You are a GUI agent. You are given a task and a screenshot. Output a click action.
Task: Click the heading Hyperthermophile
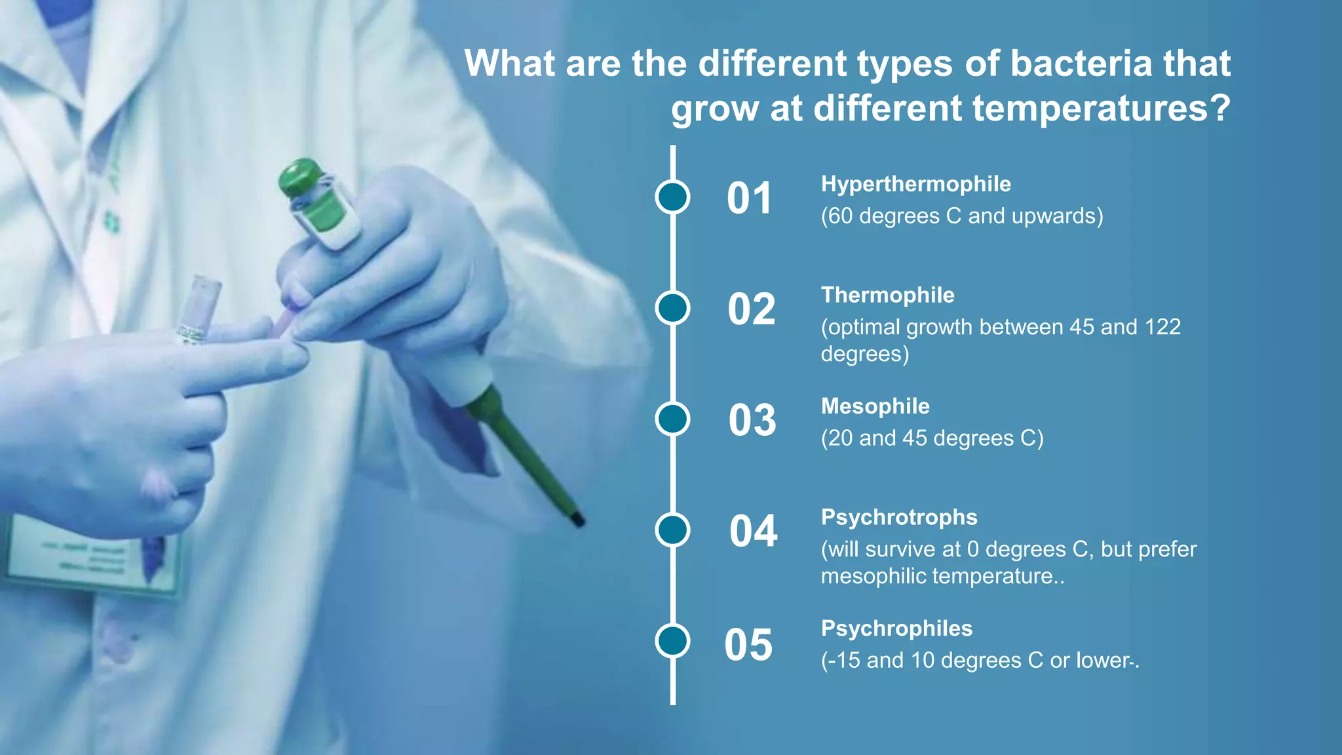(x=915, y=184)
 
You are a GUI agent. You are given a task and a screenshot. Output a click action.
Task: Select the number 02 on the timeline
(x=752, y=309)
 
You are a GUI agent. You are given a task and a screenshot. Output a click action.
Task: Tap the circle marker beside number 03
(x=672, y=419)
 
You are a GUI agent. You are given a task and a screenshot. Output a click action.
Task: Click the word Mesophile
(x=875, y=406)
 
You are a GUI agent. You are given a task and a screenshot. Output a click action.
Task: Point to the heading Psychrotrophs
(x=898, y=517)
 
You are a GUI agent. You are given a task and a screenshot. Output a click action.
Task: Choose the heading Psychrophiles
(x=896, y=629)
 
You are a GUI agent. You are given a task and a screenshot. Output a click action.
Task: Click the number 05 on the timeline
(x=748, y=645)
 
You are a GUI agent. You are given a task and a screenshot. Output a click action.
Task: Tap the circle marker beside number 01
(x=672, y=197)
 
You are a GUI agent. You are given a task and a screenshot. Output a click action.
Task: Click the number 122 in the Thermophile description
(x=1162, y=327)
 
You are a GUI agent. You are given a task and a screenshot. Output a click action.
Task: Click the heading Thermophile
(x=887, y=295)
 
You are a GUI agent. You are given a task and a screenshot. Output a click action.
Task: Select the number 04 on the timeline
(x=753, y=531)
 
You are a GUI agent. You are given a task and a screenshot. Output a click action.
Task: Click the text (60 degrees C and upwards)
(x=961, y=216)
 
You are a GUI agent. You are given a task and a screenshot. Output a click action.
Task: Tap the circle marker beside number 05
(x=672, y=641)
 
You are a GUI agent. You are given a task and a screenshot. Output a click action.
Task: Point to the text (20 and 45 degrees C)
(x=932, y=438)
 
